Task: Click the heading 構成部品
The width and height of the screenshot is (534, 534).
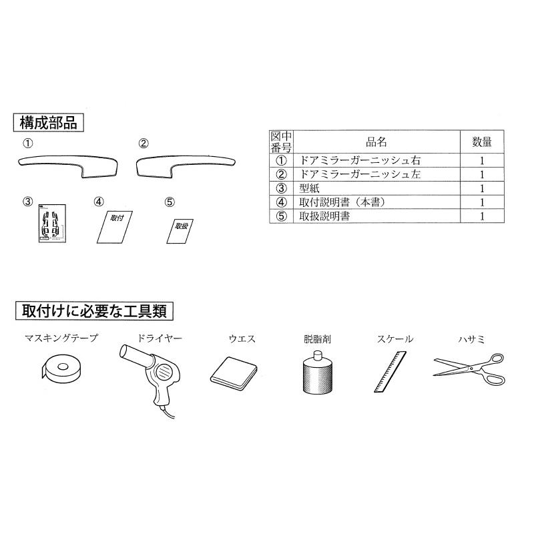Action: coord(49,123)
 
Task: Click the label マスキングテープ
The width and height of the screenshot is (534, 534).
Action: coord(61,339)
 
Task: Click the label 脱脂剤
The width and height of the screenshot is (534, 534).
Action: coord(314,339)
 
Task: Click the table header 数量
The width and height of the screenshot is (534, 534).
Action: coord(482,142)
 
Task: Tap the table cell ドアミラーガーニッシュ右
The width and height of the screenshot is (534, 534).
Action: coord(361,160)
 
